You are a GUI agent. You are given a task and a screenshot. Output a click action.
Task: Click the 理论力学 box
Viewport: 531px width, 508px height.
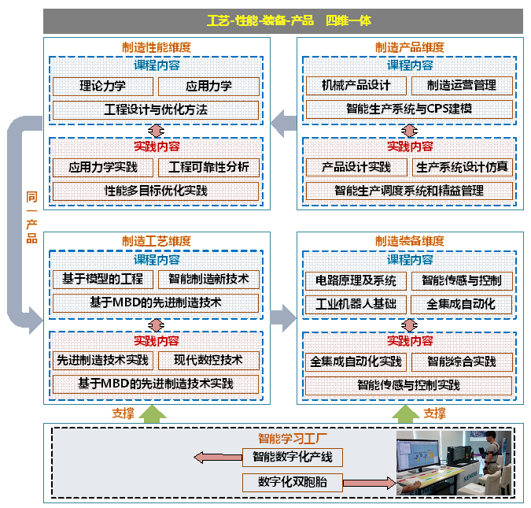[103, 86]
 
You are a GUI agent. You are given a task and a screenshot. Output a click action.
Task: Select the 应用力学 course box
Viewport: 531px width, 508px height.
[208, 86]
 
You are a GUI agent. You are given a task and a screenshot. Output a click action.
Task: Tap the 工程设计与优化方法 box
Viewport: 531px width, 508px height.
[156, 109]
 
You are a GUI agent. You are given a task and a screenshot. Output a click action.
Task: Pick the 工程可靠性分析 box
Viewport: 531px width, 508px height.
[208, 167]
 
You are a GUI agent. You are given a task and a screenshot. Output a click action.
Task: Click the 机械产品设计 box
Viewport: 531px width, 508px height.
[356, 85]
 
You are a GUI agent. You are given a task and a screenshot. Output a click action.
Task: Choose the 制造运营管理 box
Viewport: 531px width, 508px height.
[462, 85]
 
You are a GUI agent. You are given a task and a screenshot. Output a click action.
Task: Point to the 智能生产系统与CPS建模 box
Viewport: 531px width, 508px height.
[408, 109]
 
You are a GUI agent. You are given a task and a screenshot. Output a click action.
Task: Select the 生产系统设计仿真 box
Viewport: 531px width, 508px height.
[462, 167]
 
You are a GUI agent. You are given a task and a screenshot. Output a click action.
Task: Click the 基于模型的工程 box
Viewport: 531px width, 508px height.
[103, 279]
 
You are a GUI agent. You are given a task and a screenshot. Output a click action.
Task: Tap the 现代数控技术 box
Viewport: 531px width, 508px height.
[208, 361]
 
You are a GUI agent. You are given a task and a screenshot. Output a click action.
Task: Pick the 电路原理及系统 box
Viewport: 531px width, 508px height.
[356, 280]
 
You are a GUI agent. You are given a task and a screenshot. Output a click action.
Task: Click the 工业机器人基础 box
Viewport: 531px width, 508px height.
[356, 303]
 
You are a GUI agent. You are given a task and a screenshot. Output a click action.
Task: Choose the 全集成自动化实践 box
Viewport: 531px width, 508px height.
[356, 362]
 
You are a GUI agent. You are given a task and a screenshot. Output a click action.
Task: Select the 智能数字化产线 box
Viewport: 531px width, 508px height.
[293, 457]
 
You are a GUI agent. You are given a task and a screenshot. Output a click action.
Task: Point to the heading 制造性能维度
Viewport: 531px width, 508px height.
[156, 47]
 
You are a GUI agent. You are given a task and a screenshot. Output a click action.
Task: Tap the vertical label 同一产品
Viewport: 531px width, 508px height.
[31, 218]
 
